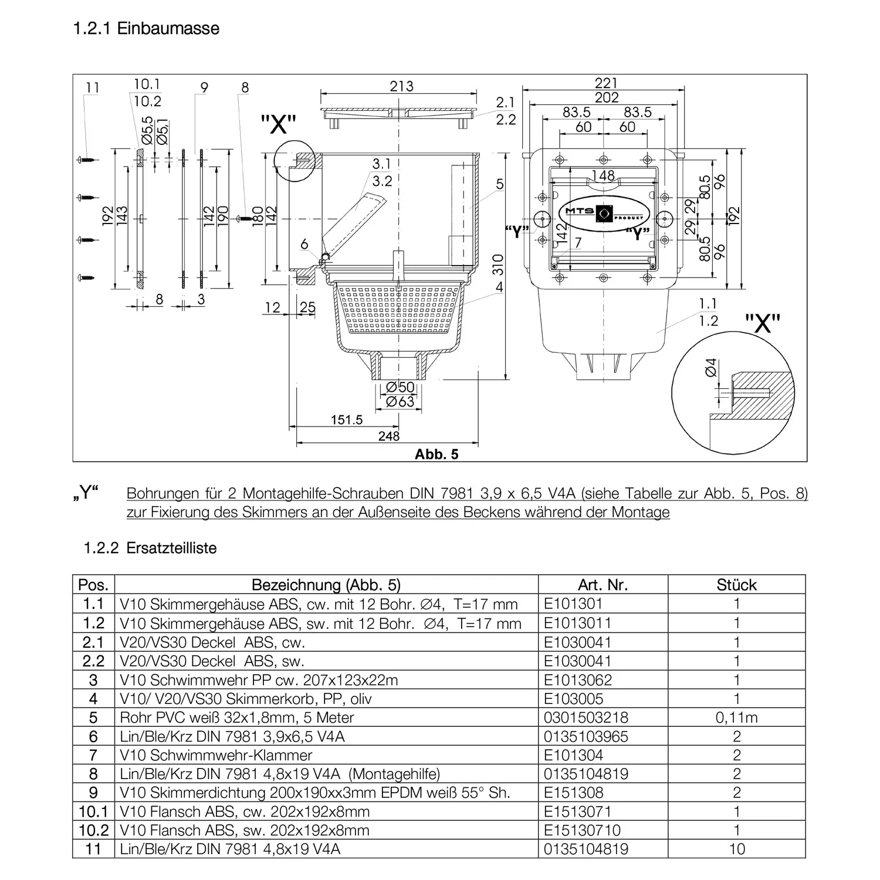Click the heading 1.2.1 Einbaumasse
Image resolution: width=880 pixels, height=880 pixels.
coord(146,28)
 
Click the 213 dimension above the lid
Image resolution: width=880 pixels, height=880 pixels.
coord(401,86)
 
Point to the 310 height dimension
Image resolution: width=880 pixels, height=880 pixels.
coord(497,265)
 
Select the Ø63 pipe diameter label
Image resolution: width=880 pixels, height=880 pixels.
coord(400,401)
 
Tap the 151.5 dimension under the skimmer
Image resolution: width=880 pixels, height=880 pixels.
coord(346,420)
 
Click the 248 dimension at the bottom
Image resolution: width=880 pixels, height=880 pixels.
coord(389,436)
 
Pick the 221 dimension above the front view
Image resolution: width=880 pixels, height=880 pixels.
coord(605,83)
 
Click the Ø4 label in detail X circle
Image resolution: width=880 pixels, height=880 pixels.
coord(710,368)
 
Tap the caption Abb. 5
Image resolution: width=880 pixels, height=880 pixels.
coord(436,454)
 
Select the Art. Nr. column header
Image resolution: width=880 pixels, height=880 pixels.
coord(603,584)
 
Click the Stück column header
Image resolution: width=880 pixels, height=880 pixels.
coord(736,584)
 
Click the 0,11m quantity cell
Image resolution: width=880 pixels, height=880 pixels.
coord(736,717)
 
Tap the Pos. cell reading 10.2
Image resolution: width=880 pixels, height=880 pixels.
coord(93,831)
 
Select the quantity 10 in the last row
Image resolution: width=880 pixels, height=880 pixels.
coord(736,849)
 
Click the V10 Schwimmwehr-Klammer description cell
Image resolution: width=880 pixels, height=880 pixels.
coord(216,755)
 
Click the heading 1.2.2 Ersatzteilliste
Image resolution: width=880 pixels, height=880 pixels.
coord(150,548)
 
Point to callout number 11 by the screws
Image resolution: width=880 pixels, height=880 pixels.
coord(93,88)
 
